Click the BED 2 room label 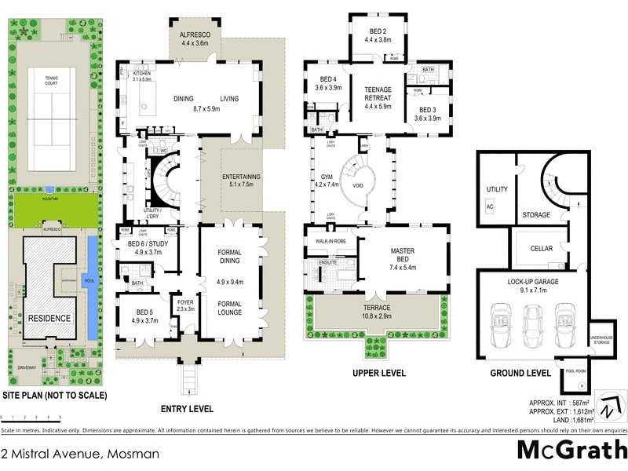tap(378, 34)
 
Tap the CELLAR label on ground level tap(541, 249)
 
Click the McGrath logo tap(571, 450)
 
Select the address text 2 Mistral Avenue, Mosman tap(80, 454)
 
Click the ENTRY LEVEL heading tap(186, 409)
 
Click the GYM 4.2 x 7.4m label tap(326, 181)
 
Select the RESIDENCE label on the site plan tap(50, 319)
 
